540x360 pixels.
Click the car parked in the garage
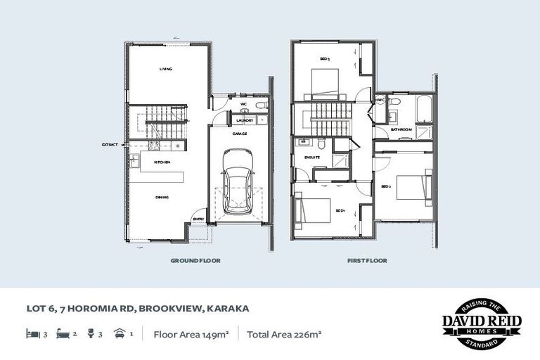click(237, 189)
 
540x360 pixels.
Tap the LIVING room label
click(166, 69)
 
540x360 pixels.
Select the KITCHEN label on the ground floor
click(162, 162)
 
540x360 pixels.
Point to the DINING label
click(162, 197)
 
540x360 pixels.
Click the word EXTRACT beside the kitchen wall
click(110, 144)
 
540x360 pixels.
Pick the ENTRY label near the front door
click(198, 219)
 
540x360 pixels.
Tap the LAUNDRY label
click(245, 120)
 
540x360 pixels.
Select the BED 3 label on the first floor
click(325, 59)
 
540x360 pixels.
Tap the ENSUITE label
click(312, 157)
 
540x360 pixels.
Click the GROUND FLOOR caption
click(195, 260)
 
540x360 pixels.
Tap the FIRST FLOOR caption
click(366, 260)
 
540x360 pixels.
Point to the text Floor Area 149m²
click(190, 335)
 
